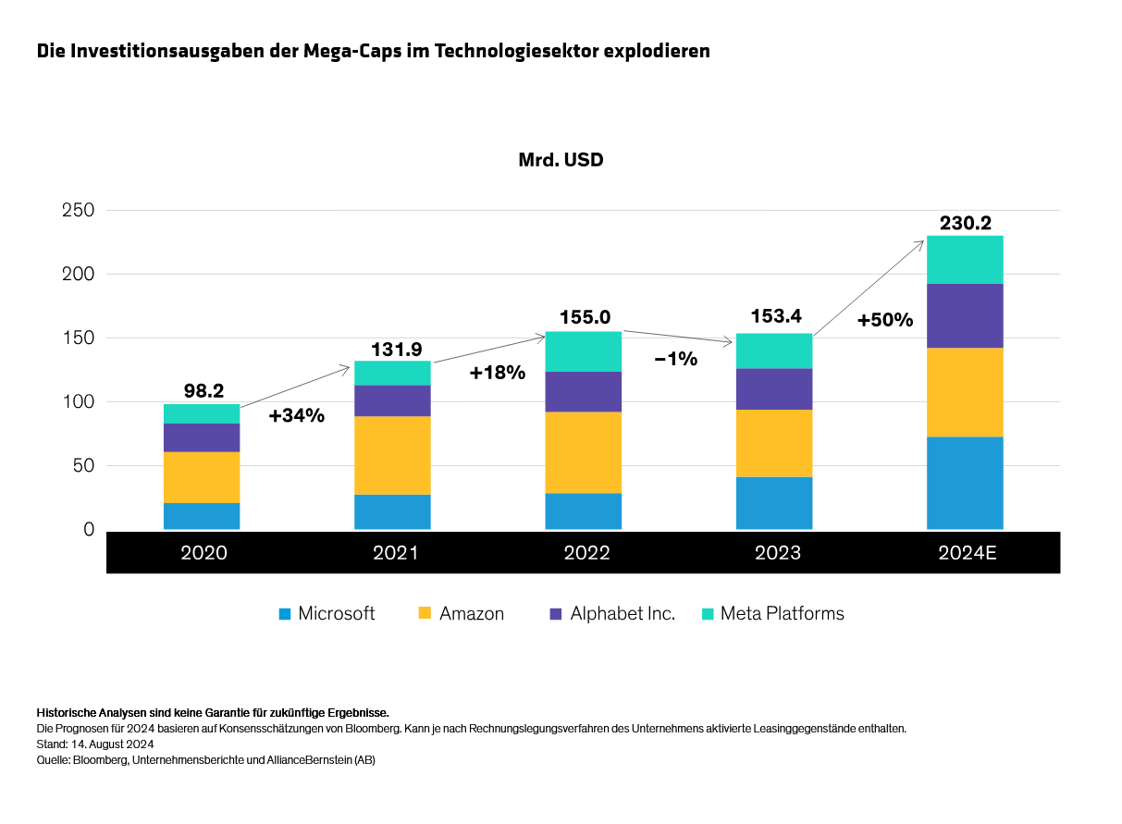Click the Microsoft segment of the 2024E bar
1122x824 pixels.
[965, 483]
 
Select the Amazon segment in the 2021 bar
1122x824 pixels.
[392, 455]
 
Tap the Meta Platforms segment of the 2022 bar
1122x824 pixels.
[583, 351]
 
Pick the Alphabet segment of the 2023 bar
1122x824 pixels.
[773, 388]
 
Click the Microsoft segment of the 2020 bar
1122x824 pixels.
[202, 516]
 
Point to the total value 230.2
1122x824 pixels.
[965, 223]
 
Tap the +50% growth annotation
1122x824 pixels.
[884, 321]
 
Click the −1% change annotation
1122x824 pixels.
[675, 359]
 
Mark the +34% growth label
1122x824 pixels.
[296, 416]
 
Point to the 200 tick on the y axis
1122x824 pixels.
[78, 275]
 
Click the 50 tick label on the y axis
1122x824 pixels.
[83, 466]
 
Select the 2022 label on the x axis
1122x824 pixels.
[586, 553]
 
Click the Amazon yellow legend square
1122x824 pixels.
[425, 614]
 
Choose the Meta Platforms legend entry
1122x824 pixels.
[782, 614]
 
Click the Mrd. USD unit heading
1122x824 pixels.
[561, 160]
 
